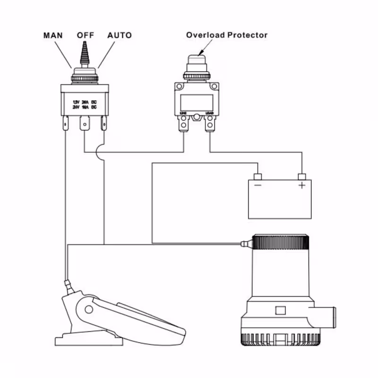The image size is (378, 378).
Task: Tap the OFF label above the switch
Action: pos(86,35)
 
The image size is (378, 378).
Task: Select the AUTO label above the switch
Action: pos(120,35)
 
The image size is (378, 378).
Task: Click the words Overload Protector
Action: pos(226,35)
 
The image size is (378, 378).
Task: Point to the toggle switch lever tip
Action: pos(85,44)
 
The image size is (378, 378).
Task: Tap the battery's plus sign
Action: pos(301,186)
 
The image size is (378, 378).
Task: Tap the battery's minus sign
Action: pos(258,186)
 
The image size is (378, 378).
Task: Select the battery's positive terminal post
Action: pos(301,177)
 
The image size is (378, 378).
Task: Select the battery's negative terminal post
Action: pos(258,177)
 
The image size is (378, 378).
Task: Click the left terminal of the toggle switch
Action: pos(65,125)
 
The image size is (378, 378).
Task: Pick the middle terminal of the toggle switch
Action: pos(85,125)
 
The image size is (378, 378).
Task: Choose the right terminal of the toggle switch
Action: pos(104,125)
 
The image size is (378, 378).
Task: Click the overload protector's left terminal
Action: pos(183,124)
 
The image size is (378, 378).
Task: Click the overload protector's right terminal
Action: pos(210,124)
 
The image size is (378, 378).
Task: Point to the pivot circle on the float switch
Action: pos(88,309)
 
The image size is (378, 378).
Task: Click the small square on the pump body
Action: pos(280,310)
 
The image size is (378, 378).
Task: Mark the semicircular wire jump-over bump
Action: pos(101,152)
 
